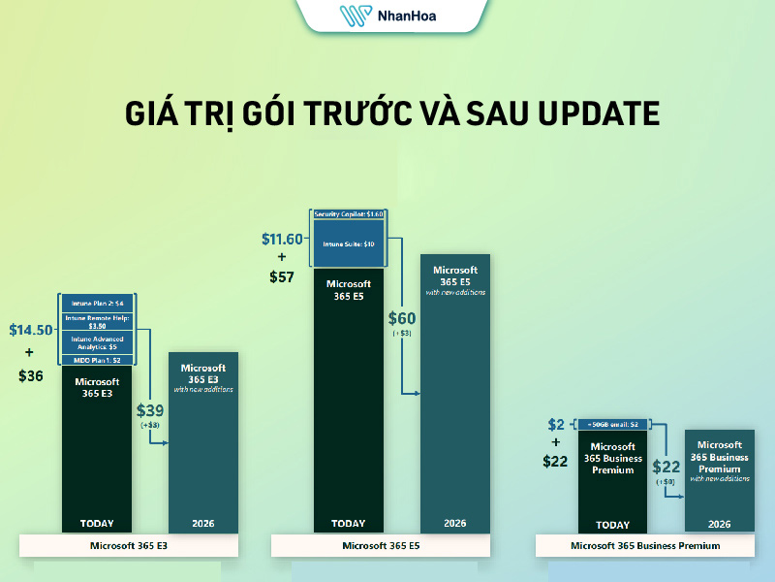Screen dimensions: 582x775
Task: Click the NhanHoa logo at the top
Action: coord(387,16)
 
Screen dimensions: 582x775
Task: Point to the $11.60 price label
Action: coord(283,238)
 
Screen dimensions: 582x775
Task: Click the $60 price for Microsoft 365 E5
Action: coord(402,318)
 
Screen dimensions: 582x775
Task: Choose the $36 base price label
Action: coord(31,374)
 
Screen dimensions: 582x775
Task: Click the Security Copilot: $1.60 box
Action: coord(350,213)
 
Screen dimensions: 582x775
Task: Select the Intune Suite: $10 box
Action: coord(350,243)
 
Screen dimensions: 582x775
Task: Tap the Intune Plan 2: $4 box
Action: coord(97,303)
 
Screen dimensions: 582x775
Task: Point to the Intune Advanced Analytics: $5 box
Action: coord(97,341)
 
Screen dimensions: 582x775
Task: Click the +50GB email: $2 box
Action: coord(612,424)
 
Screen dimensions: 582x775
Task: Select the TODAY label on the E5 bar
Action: coord(349,524)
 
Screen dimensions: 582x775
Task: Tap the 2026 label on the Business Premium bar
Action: coord(719,524)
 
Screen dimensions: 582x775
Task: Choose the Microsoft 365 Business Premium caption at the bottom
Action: coord(645,546)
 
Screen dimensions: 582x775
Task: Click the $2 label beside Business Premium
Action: coord(555,425)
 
